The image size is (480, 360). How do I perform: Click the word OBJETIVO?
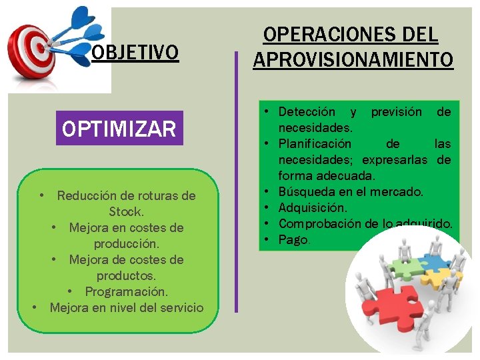135,52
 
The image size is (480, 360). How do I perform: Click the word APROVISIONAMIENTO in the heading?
353,59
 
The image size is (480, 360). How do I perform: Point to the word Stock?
126,211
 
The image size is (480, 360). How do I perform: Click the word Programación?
127,291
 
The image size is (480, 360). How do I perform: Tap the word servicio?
179,307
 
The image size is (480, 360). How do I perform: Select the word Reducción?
87,195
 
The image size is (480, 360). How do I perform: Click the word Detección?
307,111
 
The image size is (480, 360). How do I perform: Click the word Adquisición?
313,208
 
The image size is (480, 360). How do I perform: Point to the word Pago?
294,239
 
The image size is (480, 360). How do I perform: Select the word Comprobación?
318,224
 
